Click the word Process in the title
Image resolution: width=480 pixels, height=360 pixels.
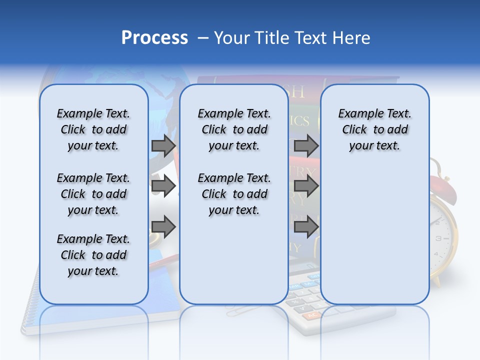tap(154, 38)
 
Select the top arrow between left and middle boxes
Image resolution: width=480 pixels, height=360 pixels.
tap(163, 146)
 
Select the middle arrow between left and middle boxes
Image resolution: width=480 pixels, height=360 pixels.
tap(163, 186)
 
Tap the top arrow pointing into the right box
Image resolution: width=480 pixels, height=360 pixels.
tap(306, 146)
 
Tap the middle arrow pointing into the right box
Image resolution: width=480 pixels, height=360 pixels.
tap(306, 186)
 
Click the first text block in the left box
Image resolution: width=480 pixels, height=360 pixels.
tap(93, 129)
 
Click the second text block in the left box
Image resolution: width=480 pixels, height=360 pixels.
tap(93, 194)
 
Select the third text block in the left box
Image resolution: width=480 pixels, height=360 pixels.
tap(93, 255)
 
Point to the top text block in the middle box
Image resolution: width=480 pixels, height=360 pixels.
tap(234, 129)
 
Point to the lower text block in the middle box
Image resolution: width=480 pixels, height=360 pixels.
tap(234, 194)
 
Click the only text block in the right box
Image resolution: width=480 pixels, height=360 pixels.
tap(374, 129)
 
